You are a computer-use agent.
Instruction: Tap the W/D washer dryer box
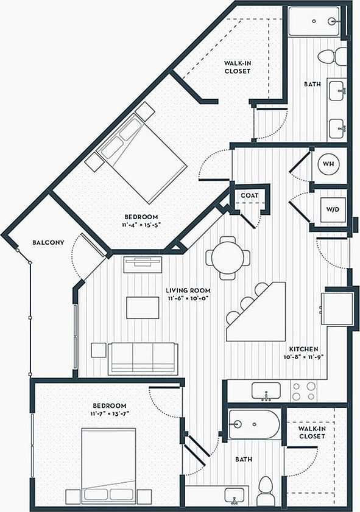(332, 209)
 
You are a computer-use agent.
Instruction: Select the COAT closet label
(249, 195)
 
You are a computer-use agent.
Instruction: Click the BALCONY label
(48, 243)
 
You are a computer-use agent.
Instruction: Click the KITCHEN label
(303, 349)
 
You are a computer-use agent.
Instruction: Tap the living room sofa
(143, 358)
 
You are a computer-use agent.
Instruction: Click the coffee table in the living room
(143, 307)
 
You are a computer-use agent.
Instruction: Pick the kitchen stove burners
(303, 391)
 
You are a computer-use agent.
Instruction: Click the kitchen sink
(266, 391)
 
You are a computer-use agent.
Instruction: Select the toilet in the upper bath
(330, 57)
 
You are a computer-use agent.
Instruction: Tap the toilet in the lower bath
(266, 491)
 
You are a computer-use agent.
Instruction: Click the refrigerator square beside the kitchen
(337, 310)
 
